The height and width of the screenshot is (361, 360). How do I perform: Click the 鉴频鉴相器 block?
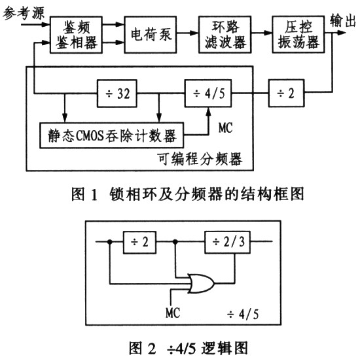pos(76,35)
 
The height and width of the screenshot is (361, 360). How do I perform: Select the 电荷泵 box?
pos(151,35)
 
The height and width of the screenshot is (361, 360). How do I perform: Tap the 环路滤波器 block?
pos(225,35)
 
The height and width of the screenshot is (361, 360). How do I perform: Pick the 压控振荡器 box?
pos(298,35)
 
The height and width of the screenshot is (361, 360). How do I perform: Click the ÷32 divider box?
pos(117,94)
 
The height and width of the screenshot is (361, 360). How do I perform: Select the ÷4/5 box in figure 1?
pos(208,94)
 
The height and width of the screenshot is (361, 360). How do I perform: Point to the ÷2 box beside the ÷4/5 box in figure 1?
pos(287,94)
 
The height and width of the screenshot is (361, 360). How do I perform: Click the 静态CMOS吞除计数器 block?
pos(112,135)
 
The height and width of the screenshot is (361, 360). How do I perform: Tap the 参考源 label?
pos(24,12)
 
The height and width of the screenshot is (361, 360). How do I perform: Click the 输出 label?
pos(342,20)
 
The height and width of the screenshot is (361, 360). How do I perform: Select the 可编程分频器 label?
pos(200,159)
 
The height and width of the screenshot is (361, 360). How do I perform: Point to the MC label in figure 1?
pos(225,128)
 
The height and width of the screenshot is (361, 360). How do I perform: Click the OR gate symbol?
pos(201,283)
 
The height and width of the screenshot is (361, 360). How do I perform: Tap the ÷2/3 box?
pos(228,242)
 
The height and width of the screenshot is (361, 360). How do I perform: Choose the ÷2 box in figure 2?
pos(139,242)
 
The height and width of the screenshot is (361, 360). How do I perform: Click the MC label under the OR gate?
pos(173,313)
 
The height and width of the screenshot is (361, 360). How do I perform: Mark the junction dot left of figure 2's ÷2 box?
pos(110,241)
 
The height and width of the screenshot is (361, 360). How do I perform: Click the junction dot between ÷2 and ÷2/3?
pos(175,241)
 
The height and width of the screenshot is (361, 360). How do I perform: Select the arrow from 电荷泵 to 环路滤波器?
pos(188,33)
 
